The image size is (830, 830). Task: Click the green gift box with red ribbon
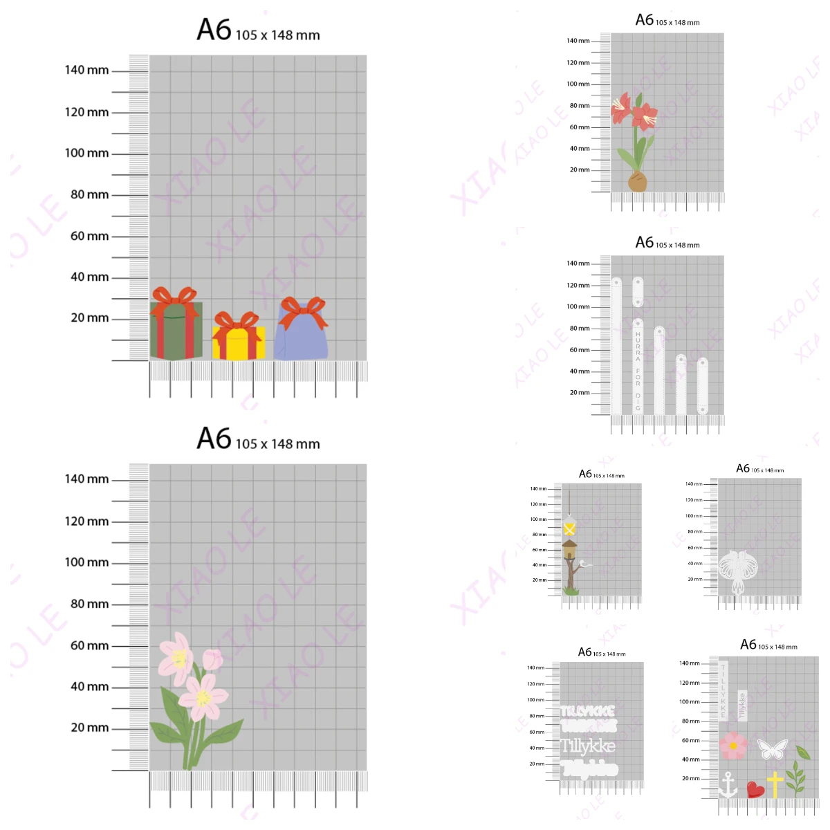(176, 331)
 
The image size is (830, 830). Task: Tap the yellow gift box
(238, 342)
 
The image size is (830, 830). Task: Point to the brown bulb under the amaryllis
(638, 183)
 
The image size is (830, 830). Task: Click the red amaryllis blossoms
(636, 111)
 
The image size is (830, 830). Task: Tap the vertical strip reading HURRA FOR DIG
(638, 367)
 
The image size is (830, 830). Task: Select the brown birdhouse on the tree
(569, 551)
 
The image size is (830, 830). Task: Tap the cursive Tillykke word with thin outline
(587, 746)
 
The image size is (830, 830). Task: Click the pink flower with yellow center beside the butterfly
(733, 746)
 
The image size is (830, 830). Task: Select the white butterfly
(773, 748)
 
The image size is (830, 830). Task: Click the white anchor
(728, 785)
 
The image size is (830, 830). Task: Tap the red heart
(755, 789)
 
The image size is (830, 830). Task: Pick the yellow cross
(775, 784)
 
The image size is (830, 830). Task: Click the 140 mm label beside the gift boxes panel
(86, 70)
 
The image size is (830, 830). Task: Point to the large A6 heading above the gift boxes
(214, 30)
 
